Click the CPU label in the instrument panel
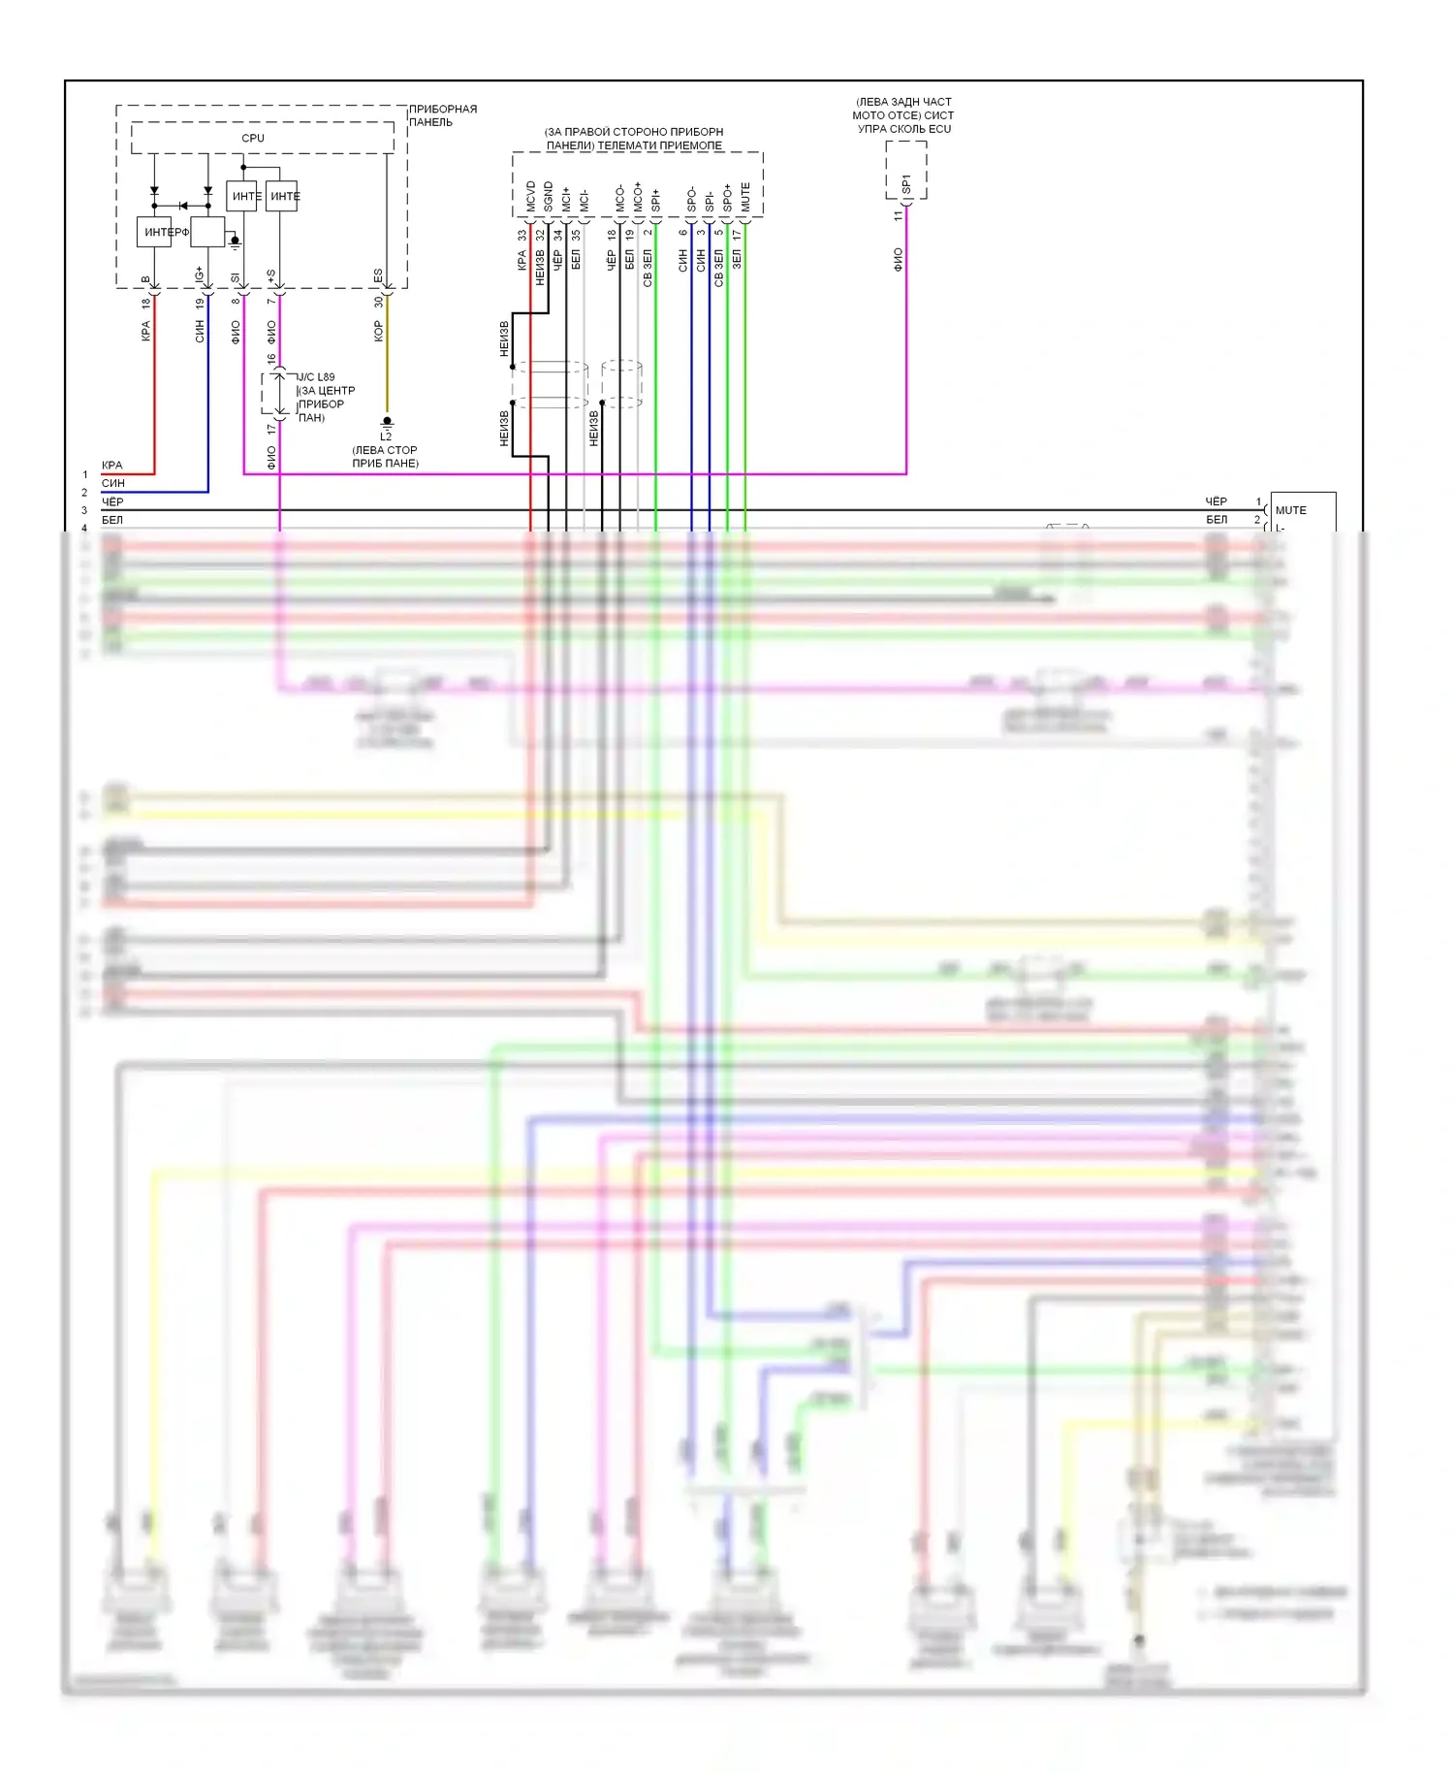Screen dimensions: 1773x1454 point(252,138)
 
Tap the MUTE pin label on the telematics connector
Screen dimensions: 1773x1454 point(745,197)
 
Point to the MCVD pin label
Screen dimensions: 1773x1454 point(530,196)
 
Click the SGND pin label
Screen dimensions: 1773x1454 point(549,196)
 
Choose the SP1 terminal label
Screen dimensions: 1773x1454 point(906,183)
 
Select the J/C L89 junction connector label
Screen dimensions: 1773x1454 point(316,376)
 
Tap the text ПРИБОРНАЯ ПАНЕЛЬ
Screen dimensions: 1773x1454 point(442,115)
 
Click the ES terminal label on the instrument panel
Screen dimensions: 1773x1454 point(378,275)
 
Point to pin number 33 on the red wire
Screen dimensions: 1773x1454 point(522,235)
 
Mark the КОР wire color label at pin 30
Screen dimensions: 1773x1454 point(378,332)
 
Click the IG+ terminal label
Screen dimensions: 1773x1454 point(200,274)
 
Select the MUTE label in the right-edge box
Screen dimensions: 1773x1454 point(1290,510)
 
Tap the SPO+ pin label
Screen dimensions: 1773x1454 point(727,198)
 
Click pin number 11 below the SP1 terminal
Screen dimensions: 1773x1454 point(898,216)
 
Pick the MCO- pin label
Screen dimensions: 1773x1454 point(620,199)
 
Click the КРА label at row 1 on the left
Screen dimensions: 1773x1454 point(112,466)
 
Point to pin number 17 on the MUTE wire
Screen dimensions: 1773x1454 point(737,235)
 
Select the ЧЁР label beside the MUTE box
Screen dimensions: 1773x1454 point(1216,501)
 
